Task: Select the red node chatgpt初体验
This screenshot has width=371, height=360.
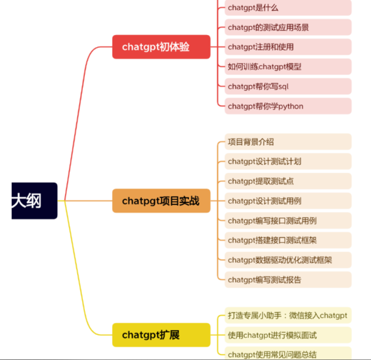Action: pyautogui.click(x=161, y=47)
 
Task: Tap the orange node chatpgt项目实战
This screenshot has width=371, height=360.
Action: pyautogui.click(x=161, y=201)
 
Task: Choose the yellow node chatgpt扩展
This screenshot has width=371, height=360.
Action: pyautogui.click(x=161, y=334)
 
